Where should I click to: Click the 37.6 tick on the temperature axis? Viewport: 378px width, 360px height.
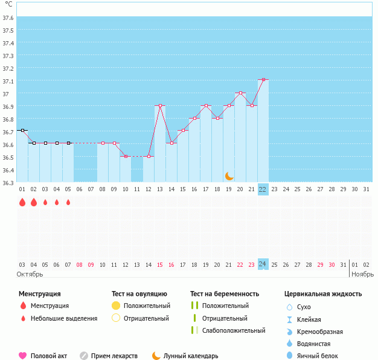click(x=8, y=18)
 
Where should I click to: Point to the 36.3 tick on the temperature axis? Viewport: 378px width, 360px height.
click(x=8, y=183)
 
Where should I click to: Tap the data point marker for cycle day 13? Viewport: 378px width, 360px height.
click(x=160, y=106)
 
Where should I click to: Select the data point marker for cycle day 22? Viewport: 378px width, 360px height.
click(x=263, y=80)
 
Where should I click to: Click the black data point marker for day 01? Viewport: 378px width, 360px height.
click(x=22, y=130)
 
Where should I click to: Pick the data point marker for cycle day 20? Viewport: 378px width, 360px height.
click(x=240, y=93)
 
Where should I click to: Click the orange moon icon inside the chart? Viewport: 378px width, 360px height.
click(x=229, y=175)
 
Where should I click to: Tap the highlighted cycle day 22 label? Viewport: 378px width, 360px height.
click(x=263, y=189)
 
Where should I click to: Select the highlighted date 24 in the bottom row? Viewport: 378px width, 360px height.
click(x=263, y=264)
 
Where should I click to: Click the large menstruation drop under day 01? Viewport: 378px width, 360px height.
click(x=22, y=202)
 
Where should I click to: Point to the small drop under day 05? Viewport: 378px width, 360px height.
click(x=68, y=203)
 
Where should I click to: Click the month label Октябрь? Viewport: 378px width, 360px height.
click(x=30, y=274)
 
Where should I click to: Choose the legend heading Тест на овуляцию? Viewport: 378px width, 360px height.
click(x=139, y=294)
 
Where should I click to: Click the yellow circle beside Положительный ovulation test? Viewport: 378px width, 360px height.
click(x=117, y=306)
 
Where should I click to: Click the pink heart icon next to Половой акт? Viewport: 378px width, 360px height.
click(x=23, y=356)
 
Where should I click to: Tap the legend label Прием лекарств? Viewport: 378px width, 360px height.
click(x=114, y=356)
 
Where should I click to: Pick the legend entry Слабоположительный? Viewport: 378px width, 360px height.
click(x=234, y=330)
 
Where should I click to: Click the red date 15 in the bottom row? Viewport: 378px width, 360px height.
click(x=160, y=264)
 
